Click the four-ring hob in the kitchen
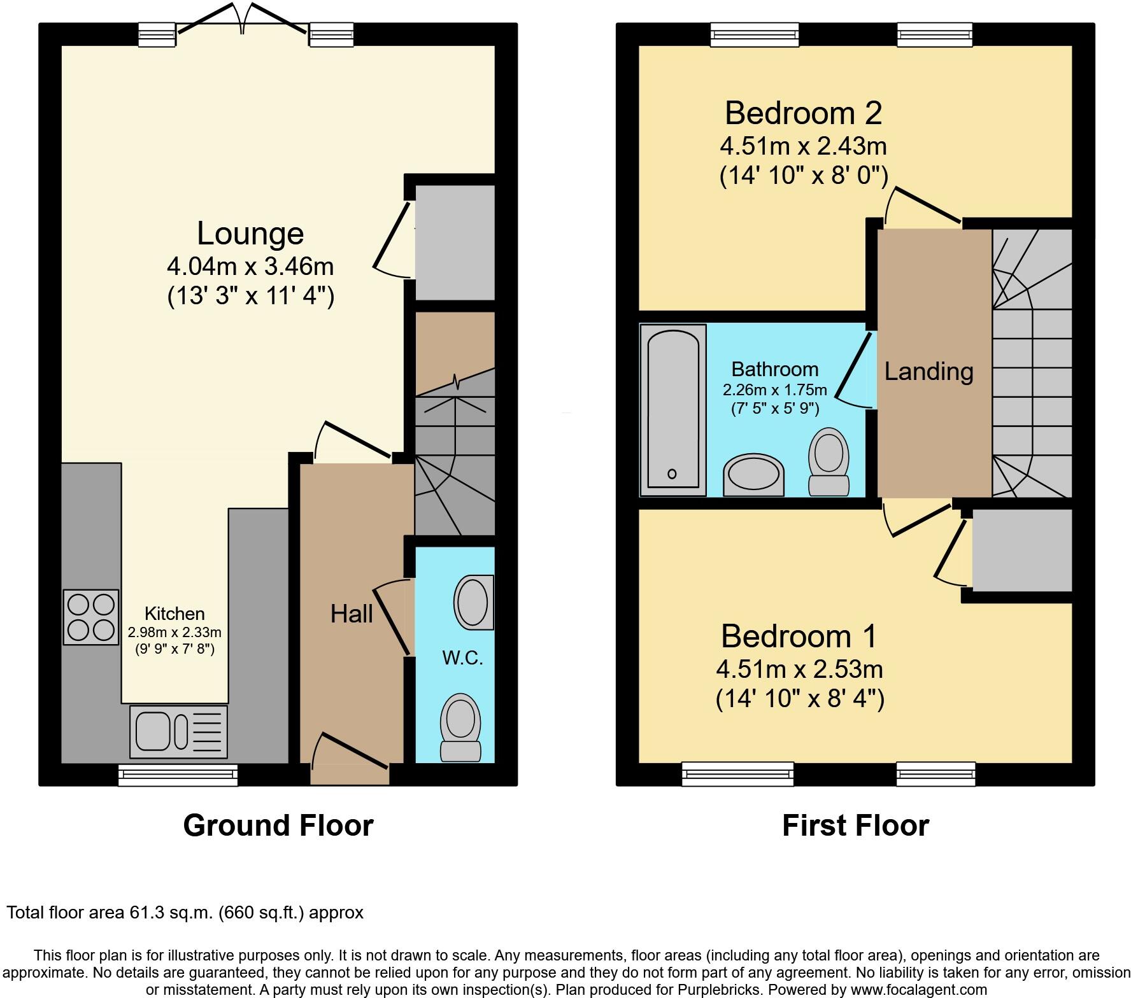tap(91, 617)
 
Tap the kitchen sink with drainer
tap(178, 731)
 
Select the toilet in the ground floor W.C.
tap(460, 727)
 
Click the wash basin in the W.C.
tap(474, 602)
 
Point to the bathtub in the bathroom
tap(673, 411)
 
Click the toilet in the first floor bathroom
tap(829, 461)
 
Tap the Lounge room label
tap(250, 233)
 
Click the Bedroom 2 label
tap(803, 113)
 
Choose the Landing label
tap(929, 371)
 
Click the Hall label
tap(352, 614)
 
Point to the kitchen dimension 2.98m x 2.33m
tap(174, 633)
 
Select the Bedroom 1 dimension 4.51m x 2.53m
tap(799, 669)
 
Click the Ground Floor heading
tap(278, 826)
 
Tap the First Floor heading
tap(855, 826)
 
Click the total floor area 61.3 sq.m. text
tap(185, 913)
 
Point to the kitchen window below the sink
tap(178, 775)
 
